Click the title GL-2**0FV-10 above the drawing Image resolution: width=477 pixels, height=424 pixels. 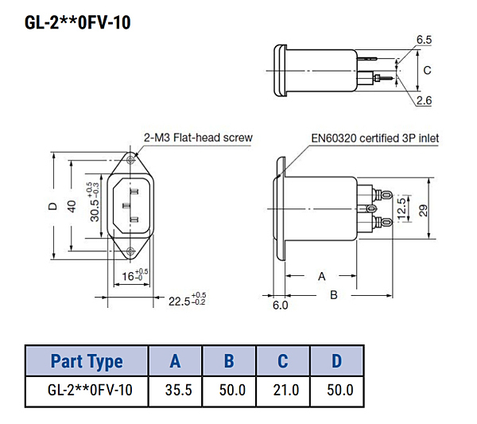(x=78, y=21)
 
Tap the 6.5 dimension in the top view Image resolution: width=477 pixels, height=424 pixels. (x=424, y=39)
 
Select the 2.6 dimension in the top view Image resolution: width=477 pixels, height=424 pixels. (x=424, y=100)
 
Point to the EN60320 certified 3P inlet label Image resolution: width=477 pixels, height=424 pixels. (x=376, y=138)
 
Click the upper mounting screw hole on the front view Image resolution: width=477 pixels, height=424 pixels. (x=129, y=159)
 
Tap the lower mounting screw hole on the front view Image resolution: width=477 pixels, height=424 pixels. (x=129, y=251)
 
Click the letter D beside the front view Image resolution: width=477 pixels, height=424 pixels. (x=53, y=205)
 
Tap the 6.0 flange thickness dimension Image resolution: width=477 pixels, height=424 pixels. (x=280, y=305)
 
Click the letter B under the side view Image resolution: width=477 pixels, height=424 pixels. (x=334, y=294)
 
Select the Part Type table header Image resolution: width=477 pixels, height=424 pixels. (x=87, y=361)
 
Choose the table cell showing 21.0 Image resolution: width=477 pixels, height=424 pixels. (x=283, y=391)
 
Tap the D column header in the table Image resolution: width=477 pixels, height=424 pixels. (x=336, y=361)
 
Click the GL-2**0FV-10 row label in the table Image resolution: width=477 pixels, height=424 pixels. (x=87, y=391)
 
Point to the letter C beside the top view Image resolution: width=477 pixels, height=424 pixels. (x=427, y=70)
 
